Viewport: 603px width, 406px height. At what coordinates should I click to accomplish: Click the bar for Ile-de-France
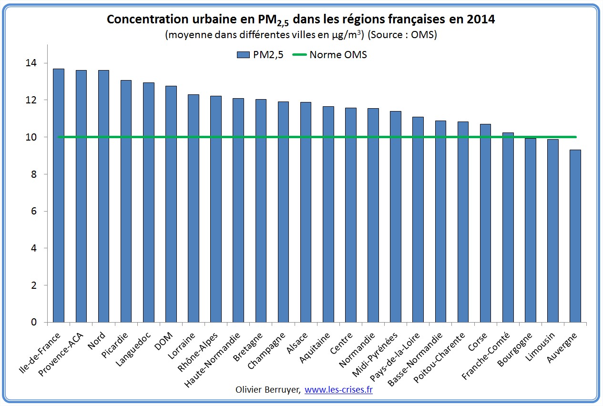click(59, 195)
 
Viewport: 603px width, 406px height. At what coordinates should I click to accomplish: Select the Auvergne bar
click(575, 236)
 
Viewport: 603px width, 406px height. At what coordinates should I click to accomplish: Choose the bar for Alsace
click(306, 212)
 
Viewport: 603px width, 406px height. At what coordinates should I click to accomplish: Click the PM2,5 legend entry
click(260, 54)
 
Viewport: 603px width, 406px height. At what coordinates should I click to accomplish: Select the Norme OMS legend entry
click(333, 54)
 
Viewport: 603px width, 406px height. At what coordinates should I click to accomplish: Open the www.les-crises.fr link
click(338, 390)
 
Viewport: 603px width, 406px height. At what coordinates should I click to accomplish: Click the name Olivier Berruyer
click(267, 390)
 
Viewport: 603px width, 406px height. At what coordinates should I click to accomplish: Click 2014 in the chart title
click(481, 20)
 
